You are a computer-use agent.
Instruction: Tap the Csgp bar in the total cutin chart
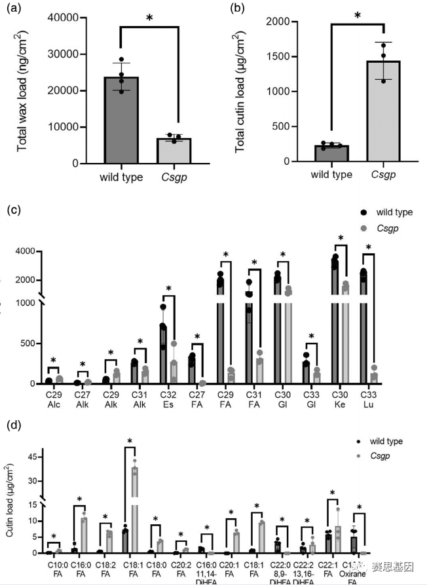click(x=384, y=111)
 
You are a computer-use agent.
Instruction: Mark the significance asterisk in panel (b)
click(x=358, y=15)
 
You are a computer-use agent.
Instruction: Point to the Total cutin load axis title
click(x=243, y=92)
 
